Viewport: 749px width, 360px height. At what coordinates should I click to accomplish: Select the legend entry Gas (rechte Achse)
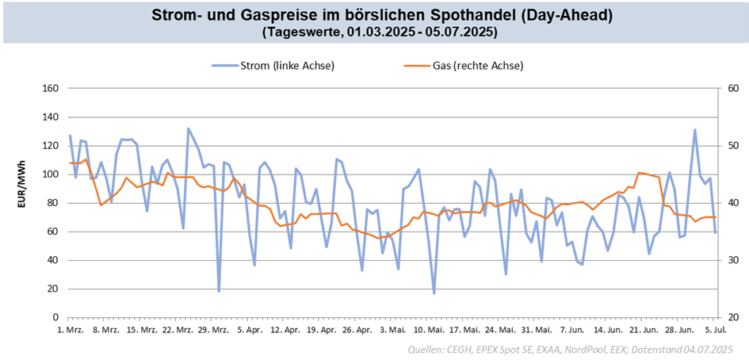pos(478,66)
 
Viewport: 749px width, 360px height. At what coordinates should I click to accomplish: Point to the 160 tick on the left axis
pos(51,89)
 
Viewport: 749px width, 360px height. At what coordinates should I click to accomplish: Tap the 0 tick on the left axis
pos(55,317)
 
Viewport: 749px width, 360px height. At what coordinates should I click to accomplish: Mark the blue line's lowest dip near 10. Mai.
pos(434,293)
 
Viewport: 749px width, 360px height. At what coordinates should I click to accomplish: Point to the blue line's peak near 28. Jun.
pos(695,130)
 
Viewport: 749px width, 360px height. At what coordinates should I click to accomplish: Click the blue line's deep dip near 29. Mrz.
pos(219,291)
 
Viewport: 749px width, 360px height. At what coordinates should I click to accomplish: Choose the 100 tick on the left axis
pos(51,174)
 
